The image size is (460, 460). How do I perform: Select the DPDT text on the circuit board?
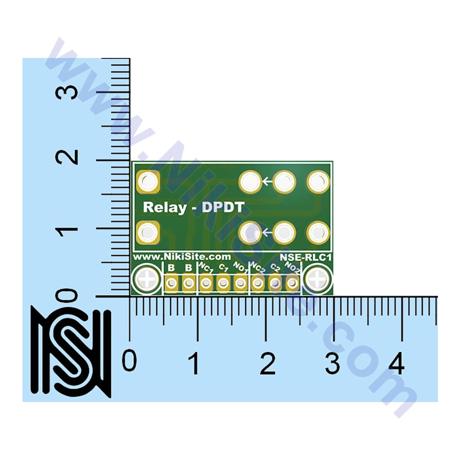(x=223, y=207)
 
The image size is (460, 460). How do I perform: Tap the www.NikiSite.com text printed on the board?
(x=182, y=257)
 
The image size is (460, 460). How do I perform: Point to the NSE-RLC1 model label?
(x=305, y=258)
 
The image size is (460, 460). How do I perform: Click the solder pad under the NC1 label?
(x=206, y=283)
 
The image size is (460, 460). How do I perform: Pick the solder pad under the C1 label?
(x=223, y=283)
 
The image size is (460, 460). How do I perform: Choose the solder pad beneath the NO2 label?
(x=292, y=283)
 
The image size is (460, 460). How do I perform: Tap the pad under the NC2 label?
(x=258, y=283)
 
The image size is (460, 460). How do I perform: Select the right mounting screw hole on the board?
(x=318, y=279)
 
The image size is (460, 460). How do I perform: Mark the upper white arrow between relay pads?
(x=267, y=182)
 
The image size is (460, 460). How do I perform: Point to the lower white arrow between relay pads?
(x=267, y=232)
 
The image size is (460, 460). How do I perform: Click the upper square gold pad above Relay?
(x=147, y=182)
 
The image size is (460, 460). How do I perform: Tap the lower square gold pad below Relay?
(x=147, y=233)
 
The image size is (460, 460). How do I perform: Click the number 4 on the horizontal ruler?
(x=396, y=363)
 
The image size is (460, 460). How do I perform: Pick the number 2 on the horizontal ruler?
(x=268, y=363)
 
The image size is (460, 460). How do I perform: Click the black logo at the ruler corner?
(x=71, y=351)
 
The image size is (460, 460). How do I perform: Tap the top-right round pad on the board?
(x=318, y=182)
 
